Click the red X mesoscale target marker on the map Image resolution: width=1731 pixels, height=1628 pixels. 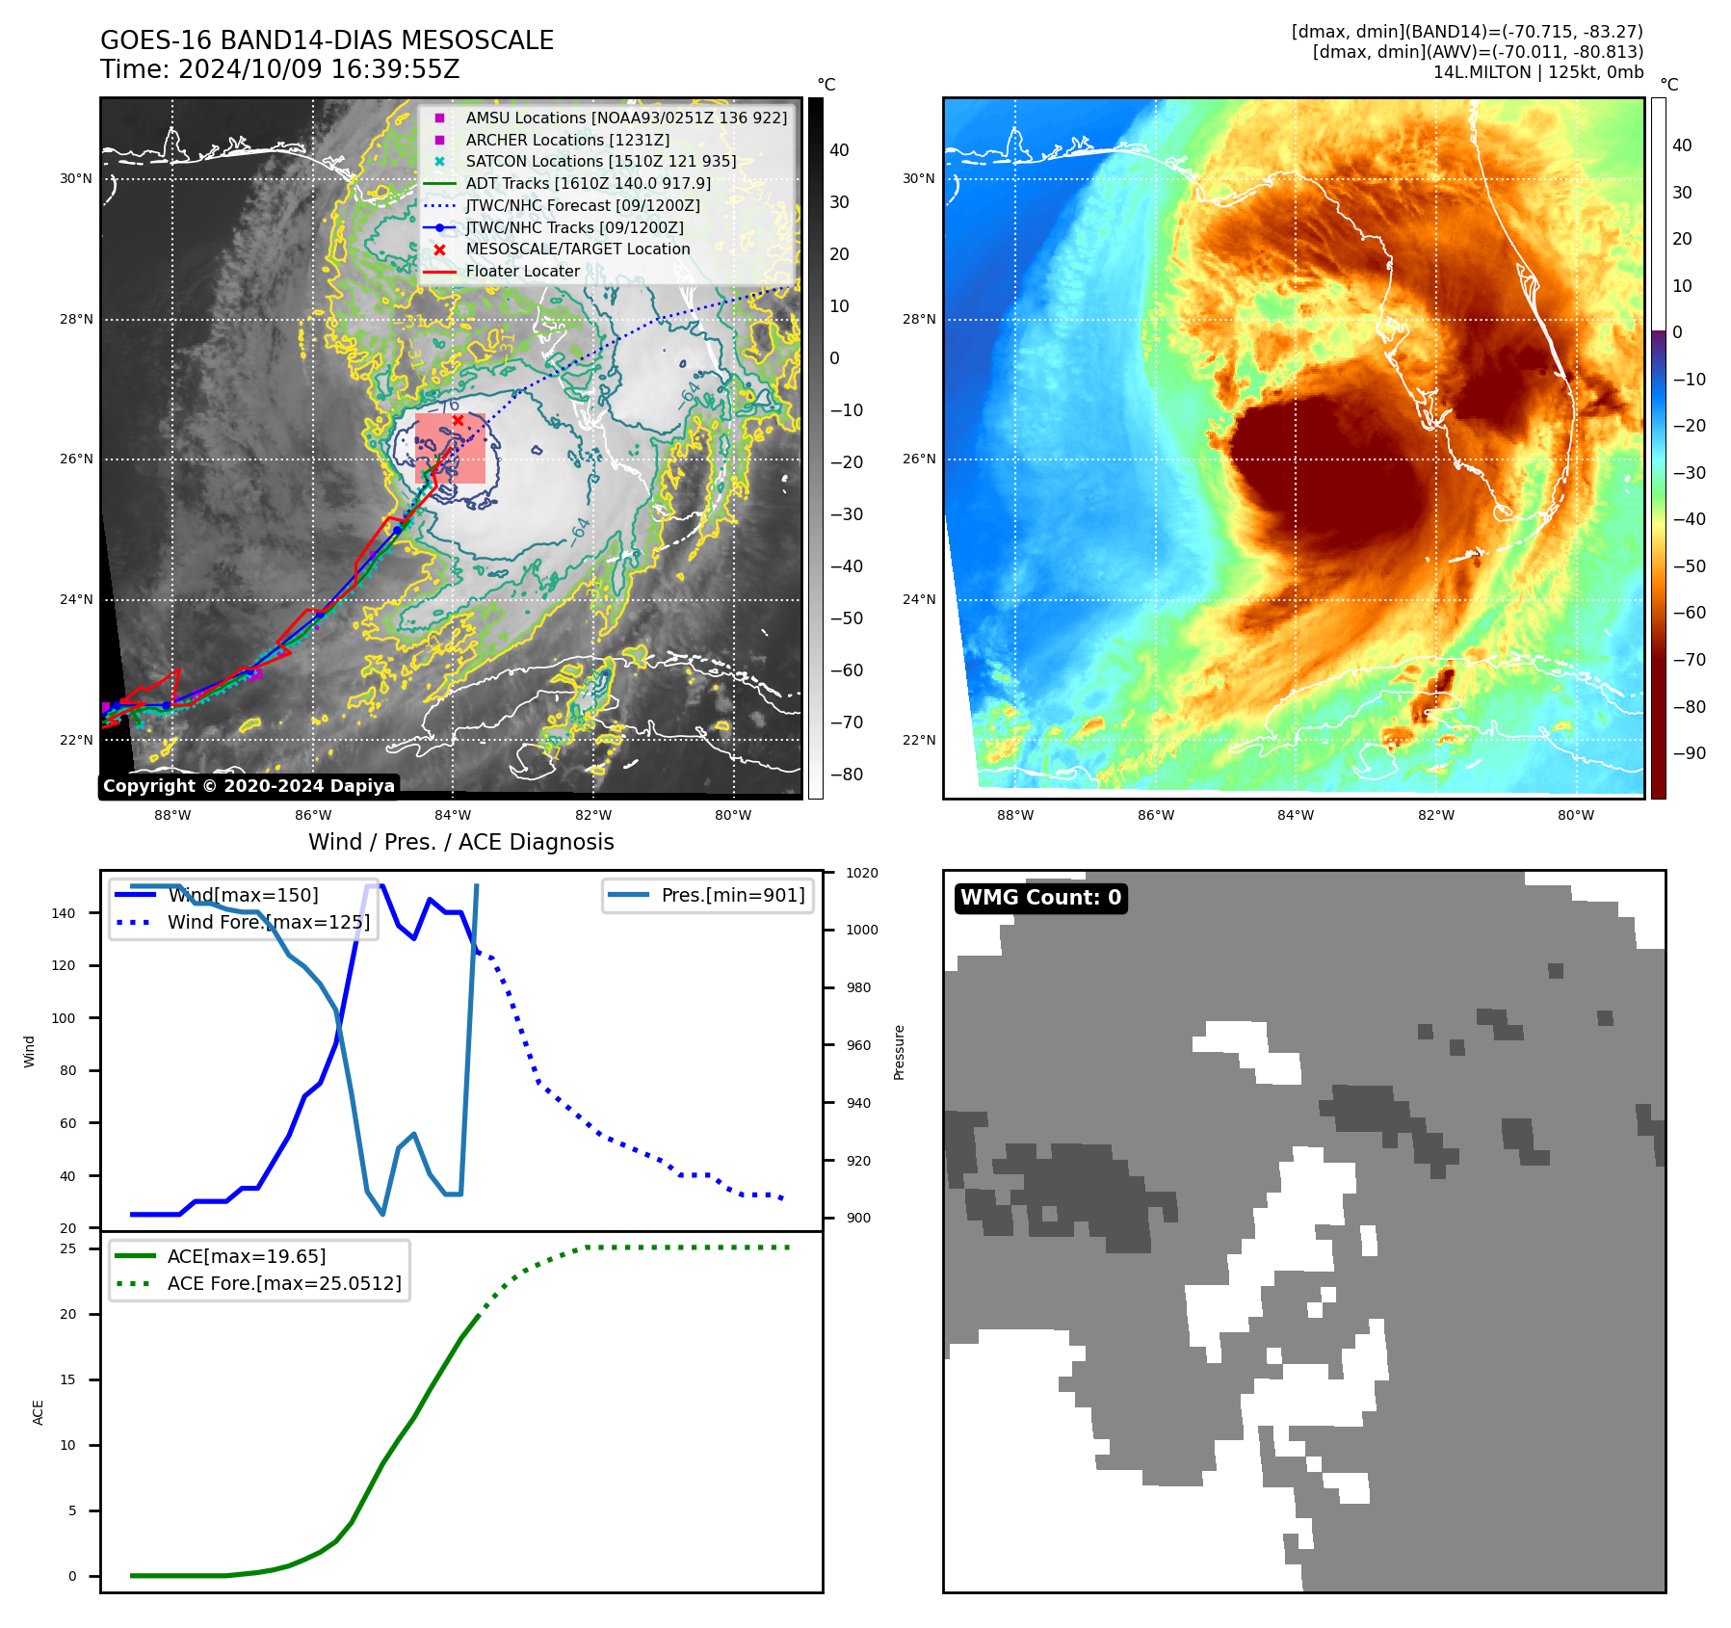point(458,420)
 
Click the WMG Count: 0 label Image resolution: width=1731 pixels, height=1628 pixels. point(1040,898)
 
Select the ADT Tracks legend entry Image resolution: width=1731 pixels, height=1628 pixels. point(588,183)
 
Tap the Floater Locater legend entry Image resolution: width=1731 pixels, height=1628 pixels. point(522,271)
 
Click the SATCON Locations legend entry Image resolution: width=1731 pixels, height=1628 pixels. point(600,161)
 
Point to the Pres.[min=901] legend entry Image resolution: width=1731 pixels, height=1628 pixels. point(732,895)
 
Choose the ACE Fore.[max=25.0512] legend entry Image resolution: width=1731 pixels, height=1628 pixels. point(283,1283)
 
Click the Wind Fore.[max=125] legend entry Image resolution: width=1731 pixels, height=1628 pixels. point(268,922)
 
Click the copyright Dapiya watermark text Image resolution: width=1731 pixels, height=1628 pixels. point(249,786)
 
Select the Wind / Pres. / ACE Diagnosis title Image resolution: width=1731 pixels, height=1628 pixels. point(460,842)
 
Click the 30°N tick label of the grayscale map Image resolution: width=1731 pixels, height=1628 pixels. point(76,178)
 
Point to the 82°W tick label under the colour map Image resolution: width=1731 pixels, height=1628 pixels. point(1435,815)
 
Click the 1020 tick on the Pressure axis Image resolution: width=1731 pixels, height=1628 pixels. point(861,873)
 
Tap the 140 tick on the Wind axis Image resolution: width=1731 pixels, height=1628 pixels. point(63,913)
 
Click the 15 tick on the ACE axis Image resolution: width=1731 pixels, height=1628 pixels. point(67,1379)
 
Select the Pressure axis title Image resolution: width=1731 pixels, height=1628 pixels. point(899,1052)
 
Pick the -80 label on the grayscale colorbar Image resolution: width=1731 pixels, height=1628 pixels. point(846,775)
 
